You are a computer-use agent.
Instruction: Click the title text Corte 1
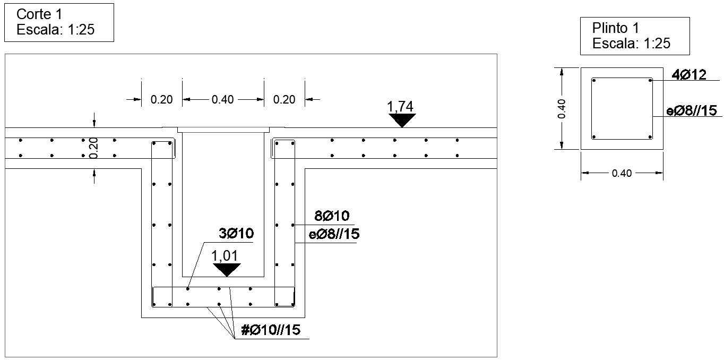coord(39,14)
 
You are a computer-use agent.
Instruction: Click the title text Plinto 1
coord(616,28)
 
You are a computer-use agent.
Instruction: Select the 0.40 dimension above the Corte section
coord(223,99)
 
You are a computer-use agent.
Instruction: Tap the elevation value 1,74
coord(401,107)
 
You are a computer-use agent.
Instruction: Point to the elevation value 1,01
coord(225,256)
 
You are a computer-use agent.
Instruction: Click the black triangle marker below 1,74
coord(402,121)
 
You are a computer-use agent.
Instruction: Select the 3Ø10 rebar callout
coord(236,233)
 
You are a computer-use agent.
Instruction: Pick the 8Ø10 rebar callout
coord(332,216)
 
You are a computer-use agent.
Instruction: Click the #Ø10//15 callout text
coord(271,330)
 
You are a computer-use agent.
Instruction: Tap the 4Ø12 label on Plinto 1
coord(689,75)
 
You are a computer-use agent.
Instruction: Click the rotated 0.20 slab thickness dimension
coord(94,148)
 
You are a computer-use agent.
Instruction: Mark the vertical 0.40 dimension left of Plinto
coord(563,108)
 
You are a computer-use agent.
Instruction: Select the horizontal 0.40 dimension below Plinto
coord(622,173)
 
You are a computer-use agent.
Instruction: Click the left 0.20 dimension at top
coord(162,99)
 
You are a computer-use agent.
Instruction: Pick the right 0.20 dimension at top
coord(284,99)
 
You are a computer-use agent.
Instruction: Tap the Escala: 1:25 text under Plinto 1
coord(631,44)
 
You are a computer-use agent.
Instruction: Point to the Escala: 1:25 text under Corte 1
coord(55,30)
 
